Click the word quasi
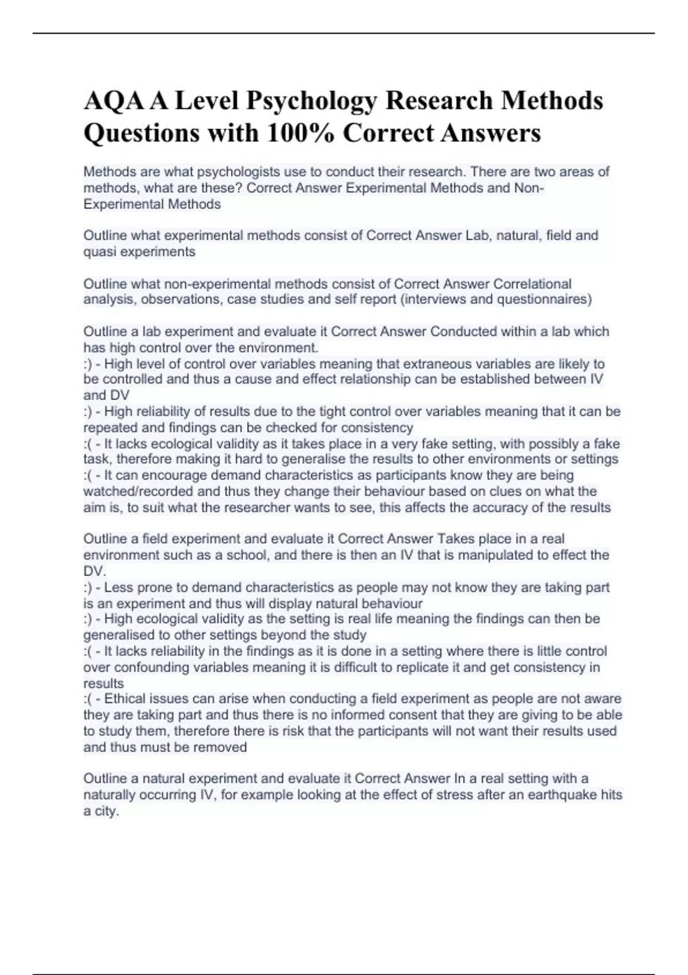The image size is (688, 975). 100,252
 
